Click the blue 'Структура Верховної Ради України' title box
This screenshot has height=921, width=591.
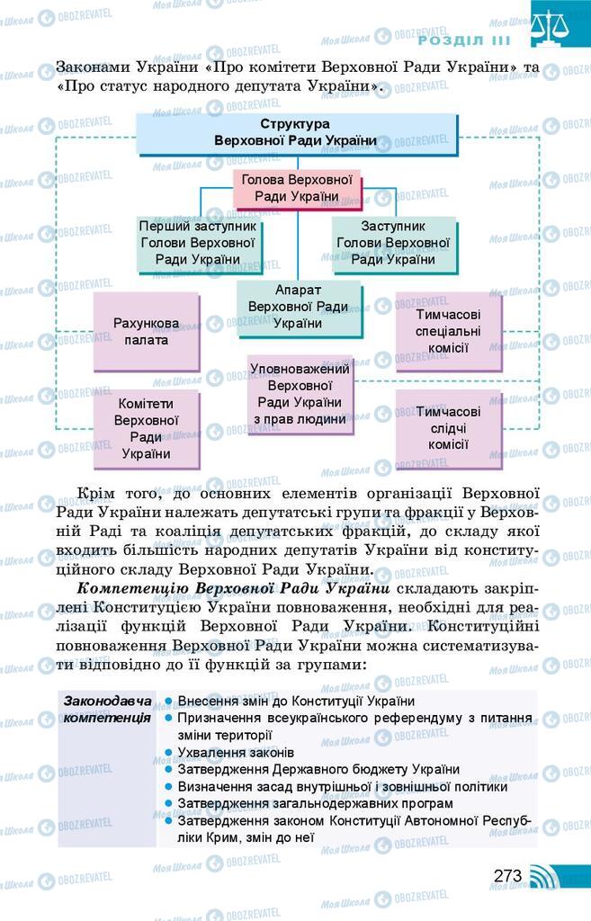tap(295, 133)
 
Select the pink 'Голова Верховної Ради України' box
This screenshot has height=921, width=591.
tap(296, 189)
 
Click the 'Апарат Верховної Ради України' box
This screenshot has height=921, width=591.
tap(298, 308)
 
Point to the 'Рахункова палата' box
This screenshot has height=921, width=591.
tap(147, 332)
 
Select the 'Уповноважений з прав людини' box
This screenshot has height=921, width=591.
tap(300, 393)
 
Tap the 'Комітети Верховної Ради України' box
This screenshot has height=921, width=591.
tap(147, 429)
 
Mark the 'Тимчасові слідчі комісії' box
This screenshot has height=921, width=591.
tap(448, 427)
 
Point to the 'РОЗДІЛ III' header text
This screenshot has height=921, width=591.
tap(464, 40)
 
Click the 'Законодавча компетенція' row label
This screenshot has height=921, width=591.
tap(107, 710)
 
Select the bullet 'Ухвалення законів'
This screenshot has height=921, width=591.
tap(236, 752)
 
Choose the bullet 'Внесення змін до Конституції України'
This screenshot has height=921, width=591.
tap(296, 701)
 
